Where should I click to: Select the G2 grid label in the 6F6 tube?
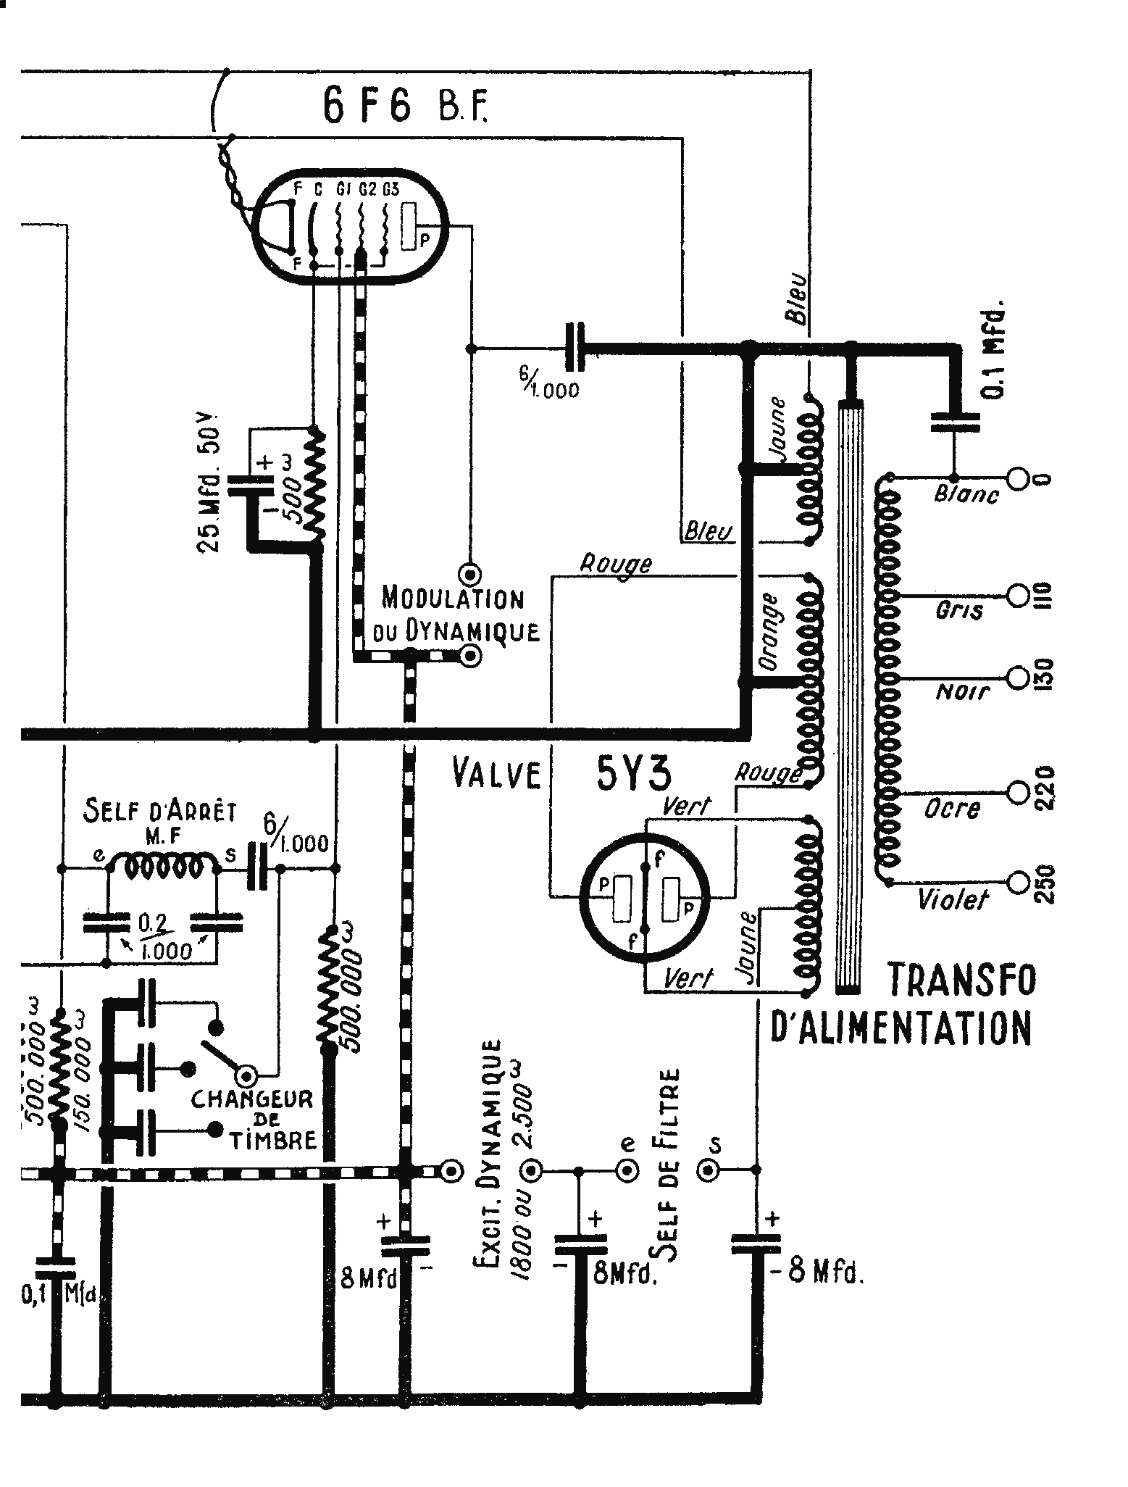367,190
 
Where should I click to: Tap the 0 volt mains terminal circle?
1018,480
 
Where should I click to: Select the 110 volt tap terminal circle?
1018,595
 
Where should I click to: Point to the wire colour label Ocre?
952,808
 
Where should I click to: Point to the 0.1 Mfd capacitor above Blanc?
953,422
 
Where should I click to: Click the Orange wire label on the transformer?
769,631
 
